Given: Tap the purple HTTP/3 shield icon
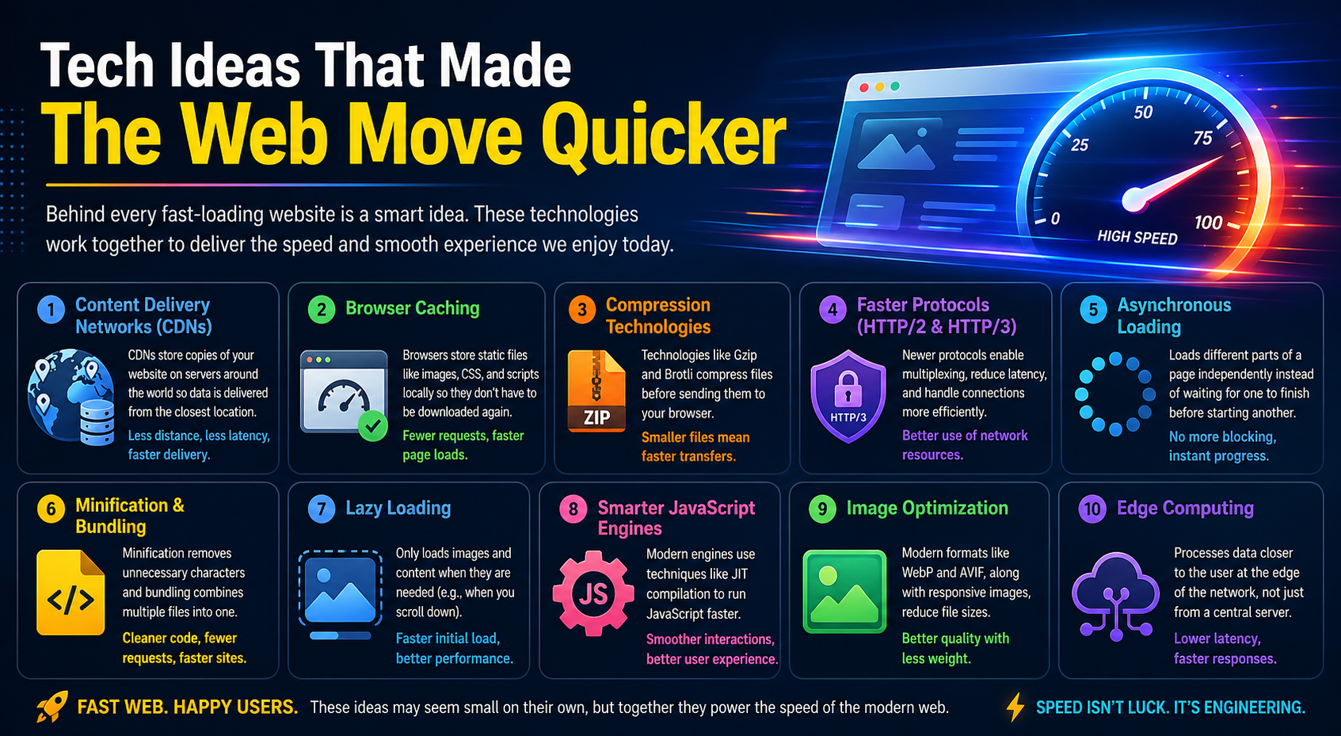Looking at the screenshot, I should (848, 395).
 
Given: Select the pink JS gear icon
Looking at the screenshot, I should (592, 593).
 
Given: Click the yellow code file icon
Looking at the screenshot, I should (70, 593).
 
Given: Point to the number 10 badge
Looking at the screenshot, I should (1092, 509).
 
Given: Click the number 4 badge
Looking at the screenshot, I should (832, 309).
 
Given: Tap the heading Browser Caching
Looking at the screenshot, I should (412, 308).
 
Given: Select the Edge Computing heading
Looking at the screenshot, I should (1185, 508).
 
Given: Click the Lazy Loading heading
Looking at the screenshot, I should (398, 508).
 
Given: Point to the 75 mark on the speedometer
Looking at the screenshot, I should (1202, 138).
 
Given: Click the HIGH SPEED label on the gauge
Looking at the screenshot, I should (1137, 237).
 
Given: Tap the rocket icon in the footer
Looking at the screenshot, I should (51, 706).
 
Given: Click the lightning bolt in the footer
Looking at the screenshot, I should (1015, 707).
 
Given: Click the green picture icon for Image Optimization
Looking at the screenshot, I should (844, 592).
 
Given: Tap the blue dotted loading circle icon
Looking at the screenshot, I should (1115, 394).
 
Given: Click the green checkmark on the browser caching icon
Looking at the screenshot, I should (372, 426).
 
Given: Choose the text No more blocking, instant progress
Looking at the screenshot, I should (1222, 446).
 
